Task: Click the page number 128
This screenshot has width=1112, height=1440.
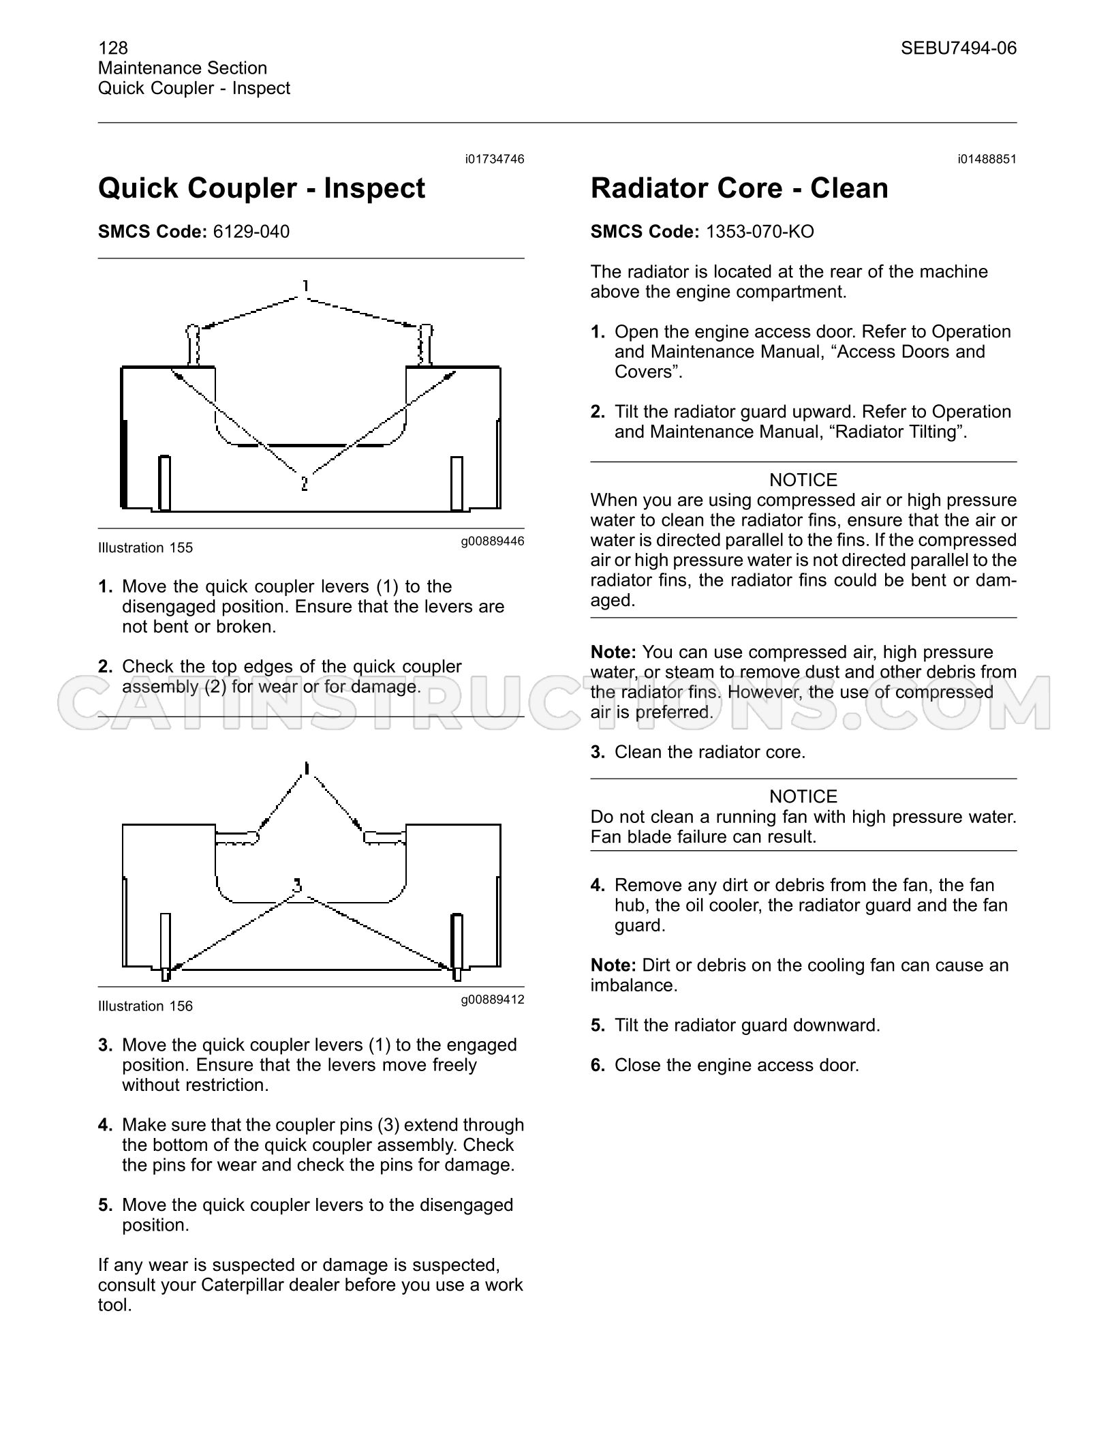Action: pyautogui.click(x=113, y=48)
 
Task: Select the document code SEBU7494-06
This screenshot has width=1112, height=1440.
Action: pyautogui.click(x=958, y=48)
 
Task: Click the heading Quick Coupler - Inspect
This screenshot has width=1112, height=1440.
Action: pyautogui.click(x=262, y=188)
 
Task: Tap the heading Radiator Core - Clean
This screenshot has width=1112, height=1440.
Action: pyautogui.click(x=739, y=188)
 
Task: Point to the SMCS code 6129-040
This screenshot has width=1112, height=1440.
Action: pyautogui.click(x=251, y=232)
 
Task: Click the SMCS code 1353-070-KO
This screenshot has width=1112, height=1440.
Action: pyautogui.click(x=760, y=232)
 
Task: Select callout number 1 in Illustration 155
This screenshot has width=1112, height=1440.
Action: pyautogui.click(x=306, y=286)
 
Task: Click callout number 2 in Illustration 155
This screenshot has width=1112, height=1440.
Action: pyautogui.click(x=304, y=483)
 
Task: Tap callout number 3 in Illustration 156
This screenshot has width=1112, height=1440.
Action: pyautogui.click(x=297, y=886)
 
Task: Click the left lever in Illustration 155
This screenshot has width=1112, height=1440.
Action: pyautogui.click(x=194, y=345)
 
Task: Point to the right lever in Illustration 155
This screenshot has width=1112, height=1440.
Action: pyautogui.click(x=425, y=345)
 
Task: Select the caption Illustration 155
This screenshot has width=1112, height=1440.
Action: pyautogui.click(x=145, y=547)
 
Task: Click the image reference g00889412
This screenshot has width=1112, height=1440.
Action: pyautogui.click(x=493, y=1000)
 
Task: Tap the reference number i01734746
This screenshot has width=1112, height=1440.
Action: pyautogui.click(x=495, y=159)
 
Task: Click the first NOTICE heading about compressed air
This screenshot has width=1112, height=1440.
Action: pyautogui.click(x=803, y=480)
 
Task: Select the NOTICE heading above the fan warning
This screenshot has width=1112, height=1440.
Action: pyautogui.click(x=803, y=796)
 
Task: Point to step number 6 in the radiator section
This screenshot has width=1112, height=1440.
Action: pyautogui.click(x=598, y=1065)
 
